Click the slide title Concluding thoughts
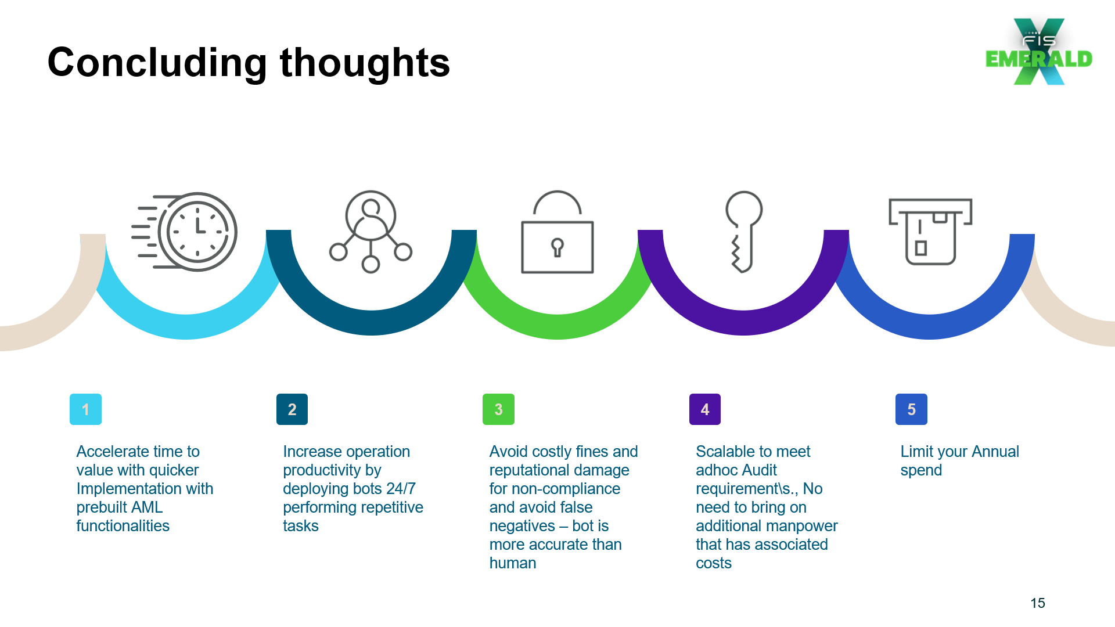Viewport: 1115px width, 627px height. point(249,63)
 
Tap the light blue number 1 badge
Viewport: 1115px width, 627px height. point(85,409)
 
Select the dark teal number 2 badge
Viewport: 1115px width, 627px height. point(292,409)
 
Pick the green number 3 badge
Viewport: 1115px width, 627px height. point(498,409)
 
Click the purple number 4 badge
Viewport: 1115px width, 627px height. point(705,409)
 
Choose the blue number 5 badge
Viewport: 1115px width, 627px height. point(911,409)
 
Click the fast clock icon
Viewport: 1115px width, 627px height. point(185,232)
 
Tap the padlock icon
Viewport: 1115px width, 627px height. point(557,232)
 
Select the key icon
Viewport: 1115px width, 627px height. point(743,232)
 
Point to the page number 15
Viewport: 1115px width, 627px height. point(1038,603)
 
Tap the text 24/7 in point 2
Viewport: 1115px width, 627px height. point(401,488)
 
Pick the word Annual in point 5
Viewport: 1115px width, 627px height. point(995,451)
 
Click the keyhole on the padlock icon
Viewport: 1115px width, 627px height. point(557,247)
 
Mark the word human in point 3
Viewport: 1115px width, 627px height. point(513,563)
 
